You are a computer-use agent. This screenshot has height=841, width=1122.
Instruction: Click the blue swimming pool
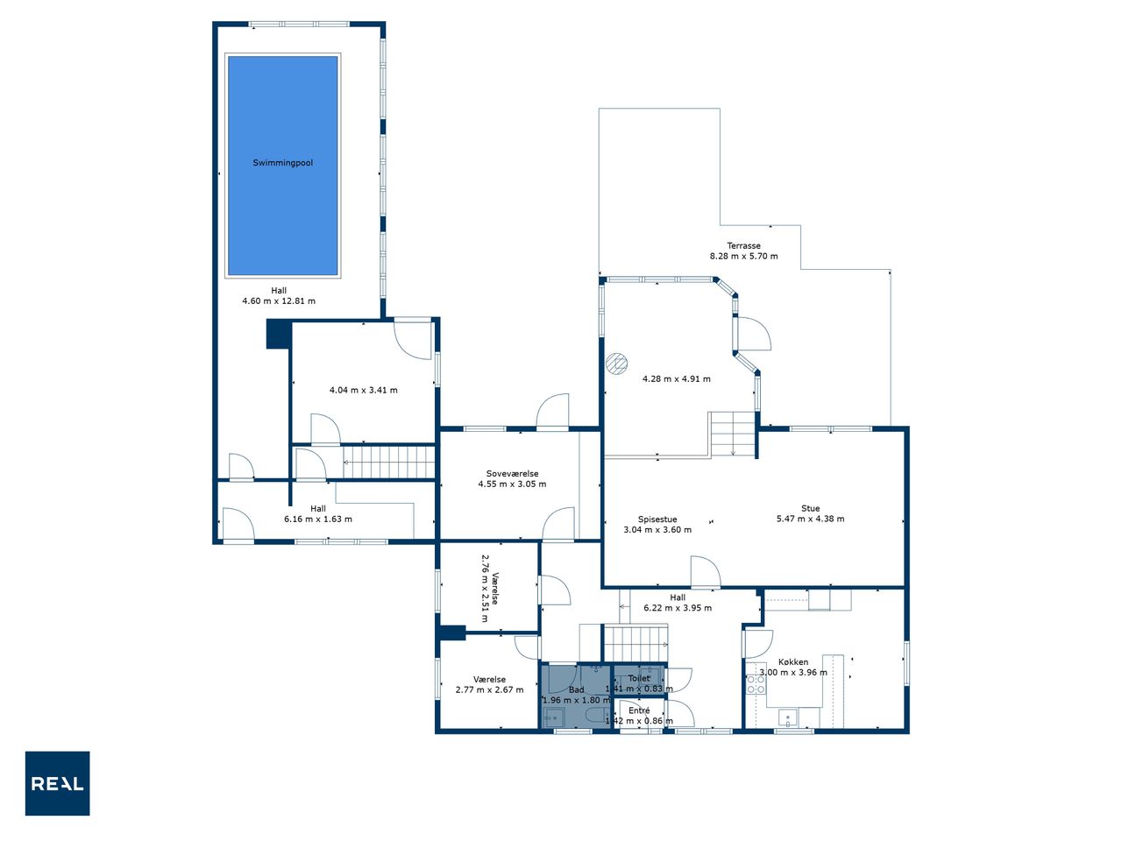click(282, 166)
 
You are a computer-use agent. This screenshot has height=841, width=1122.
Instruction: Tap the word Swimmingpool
click(282, 163)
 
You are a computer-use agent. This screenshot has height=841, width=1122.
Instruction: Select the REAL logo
click(57, 783)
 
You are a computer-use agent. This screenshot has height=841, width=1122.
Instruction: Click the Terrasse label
click(743, 245)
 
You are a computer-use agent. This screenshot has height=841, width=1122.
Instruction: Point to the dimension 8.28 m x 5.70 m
click(743, 257)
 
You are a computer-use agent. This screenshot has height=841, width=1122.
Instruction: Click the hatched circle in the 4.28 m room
click(616, 364)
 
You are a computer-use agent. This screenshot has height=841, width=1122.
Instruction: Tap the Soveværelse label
click(512, 473)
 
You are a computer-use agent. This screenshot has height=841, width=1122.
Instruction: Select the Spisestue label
click(657, 519)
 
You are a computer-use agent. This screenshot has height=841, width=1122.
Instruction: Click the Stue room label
click(810, 508)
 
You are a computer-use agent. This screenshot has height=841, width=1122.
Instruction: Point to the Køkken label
click(793, 661)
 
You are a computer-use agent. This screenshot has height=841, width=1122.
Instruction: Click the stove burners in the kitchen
click(756, 684)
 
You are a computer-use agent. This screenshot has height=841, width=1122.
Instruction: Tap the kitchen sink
click(788, 717)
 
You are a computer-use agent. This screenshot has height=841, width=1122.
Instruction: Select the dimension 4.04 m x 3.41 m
click(364, 390)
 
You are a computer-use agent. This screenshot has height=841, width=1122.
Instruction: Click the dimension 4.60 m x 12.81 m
click(279, 301)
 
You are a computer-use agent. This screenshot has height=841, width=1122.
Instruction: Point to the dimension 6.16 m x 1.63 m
click(318, 519)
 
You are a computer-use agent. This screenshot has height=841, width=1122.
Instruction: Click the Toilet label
click(639, 678)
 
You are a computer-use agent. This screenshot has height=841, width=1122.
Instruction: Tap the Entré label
click(639, 710)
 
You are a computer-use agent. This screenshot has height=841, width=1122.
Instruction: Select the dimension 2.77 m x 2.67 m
click(490, 689)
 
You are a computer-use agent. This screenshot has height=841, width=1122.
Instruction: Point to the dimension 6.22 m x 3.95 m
click(678, 608)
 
